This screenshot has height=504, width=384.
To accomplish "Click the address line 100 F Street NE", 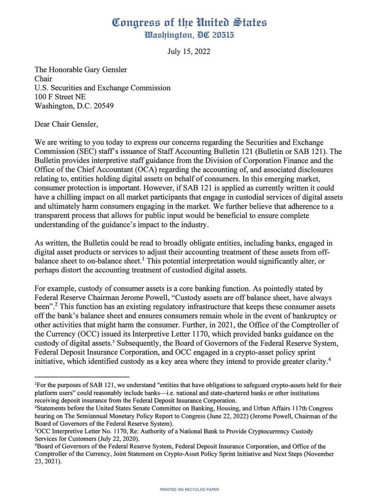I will click(x=60, y=97).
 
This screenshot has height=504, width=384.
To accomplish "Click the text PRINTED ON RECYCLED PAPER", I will click(x=189, y=489).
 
